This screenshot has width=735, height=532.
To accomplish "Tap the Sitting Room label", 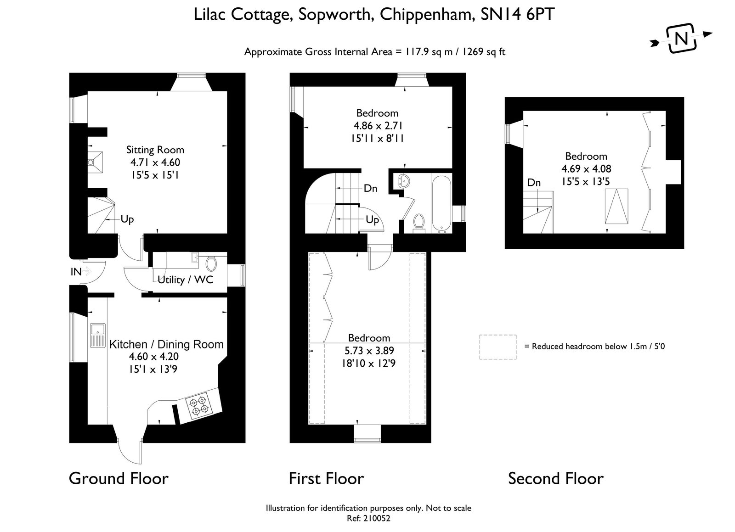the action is pyautogui.click(x=155, y=150).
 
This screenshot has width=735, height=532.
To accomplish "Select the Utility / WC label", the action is pyautogui.click(x=186, y=280).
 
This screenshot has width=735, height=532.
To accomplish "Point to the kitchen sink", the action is pyautogui.click(x=98, y=336).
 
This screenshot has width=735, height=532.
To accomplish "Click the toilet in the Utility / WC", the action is pyautogui.click(x=211, y=263).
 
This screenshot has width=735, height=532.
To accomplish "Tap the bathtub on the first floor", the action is pyautogui.click(x=441, y=204).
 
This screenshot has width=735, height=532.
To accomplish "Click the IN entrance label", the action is pyautogui.click(x=76, y=272).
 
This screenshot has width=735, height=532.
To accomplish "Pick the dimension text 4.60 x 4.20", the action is pyautogui.click(x=154, y=357).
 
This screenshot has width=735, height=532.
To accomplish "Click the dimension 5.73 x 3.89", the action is pyautogui.click(x=369, y=351).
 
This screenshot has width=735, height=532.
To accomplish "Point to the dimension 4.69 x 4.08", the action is pyautogui.click(x=586, y=169).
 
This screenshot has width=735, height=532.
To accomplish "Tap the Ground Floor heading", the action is pyautogui.click(x=119, y=479).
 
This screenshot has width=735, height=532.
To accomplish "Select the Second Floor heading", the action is pyautogui.click(x=556, y=479).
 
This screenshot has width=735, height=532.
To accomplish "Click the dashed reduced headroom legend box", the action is pyautogui.click(x=498, y=347).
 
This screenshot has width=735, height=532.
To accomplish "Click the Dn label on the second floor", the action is pyautogui.click(x=534, y=183).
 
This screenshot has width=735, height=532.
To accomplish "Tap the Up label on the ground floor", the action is pyautogui.click(x=127, y=219).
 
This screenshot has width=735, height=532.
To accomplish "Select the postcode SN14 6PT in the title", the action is pyautogui.click(x=518, y=14).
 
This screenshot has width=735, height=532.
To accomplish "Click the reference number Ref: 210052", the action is pyautogui.click(x=368, y=518).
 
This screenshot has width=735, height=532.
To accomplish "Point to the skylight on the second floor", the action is pyautogui.click(x=616, y=206).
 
